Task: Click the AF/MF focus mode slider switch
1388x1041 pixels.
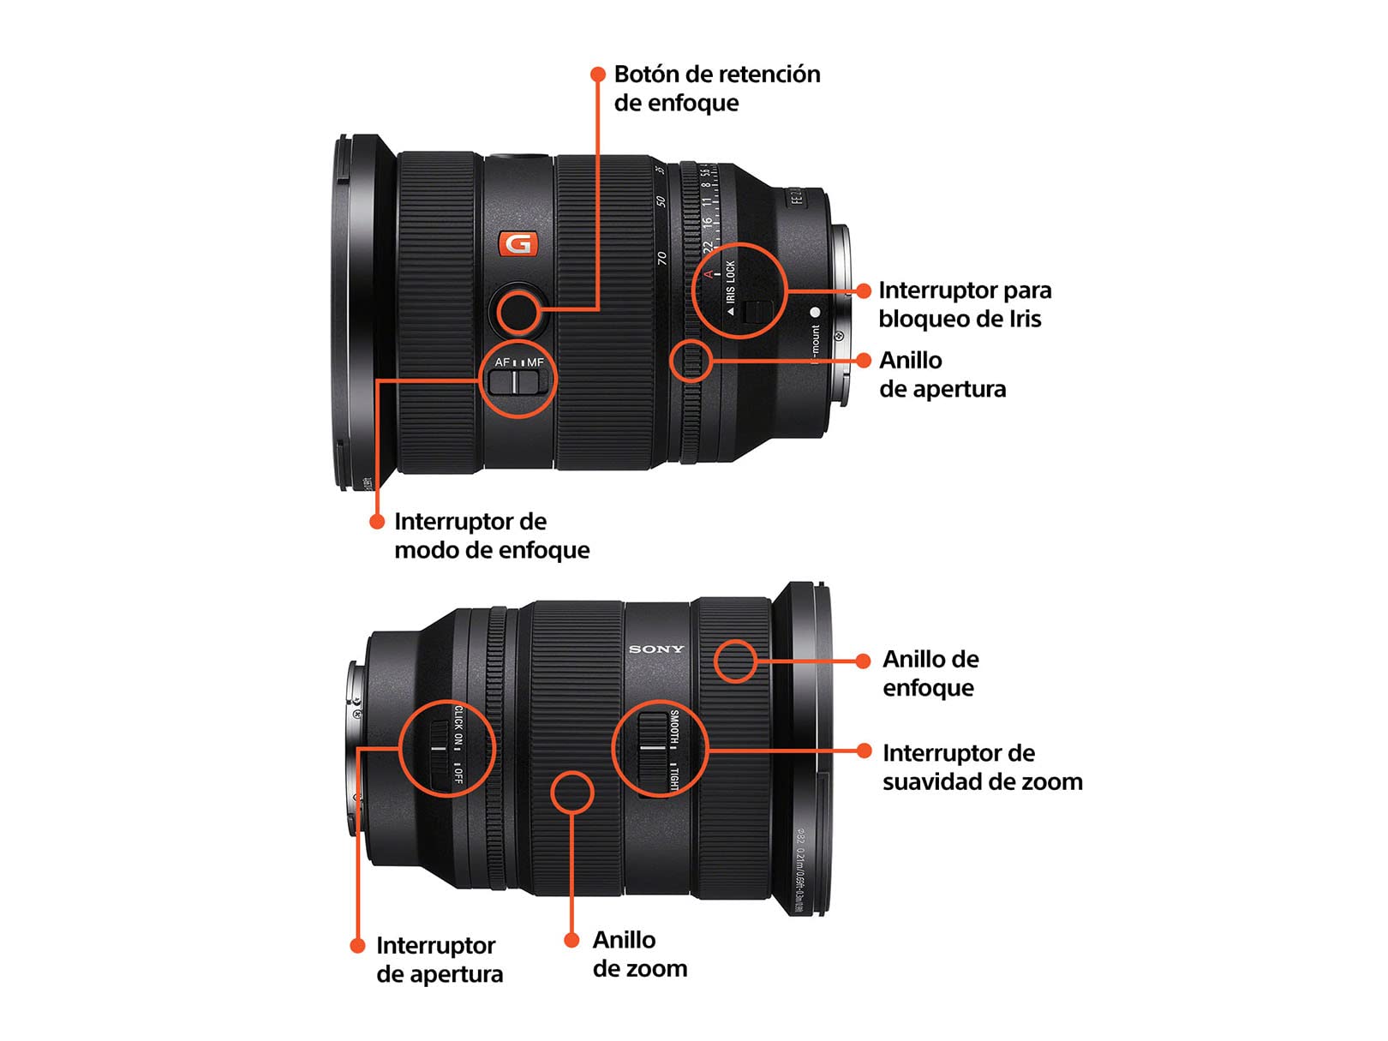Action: tap(517, 381)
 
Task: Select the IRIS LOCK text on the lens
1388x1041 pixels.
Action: tap(731, 282)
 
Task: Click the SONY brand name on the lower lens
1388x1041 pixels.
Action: tap(656, 649)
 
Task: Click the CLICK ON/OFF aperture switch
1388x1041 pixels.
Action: tap(440, 749)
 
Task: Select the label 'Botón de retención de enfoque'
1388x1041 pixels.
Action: tap(716, 88)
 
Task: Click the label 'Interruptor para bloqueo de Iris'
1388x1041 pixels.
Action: tap(965, 304)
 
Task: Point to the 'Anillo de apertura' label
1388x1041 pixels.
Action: tap(942, 374)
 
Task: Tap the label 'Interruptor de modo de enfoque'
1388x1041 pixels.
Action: tap(491, 535)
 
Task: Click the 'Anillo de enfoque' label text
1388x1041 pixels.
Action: tap(930, 673)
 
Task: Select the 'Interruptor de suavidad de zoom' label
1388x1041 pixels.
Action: tap(982, 767)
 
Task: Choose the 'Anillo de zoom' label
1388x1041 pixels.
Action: tap(639, 954)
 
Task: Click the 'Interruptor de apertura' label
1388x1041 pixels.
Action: tap(439, 960)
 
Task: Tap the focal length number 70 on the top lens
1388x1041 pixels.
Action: tap(661, 257)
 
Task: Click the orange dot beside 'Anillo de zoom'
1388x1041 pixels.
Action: tap(571, 940)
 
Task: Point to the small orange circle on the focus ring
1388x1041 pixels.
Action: tap(735, 661)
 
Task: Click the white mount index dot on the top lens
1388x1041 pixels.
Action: tap(815, 313)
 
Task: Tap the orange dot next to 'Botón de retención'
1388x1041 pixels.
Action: tap(598, 75)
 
